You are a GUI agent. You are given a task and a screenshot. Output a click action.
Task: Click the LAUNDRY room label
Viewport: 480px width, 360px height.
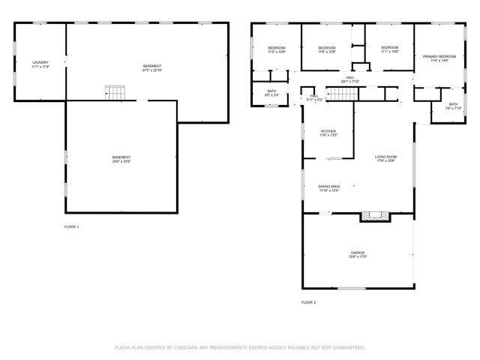click(x=40, y=64)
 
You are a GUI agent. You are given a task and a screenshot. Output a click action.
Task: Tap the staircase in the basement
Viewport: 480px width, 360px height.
click(x=114, y=92)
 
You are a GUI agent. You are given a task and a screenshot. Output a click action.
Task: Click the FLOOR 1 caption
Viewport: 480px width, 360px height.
click(x=71, y=226)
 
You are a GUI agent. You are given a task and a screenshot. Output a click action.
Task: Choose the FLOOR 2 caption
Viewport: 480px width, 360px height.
click(x=309, y=302)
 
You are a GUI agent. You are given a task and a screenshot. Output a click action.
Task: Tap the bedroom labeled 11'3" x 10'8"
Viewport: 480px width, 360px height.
click(x=277, y=50)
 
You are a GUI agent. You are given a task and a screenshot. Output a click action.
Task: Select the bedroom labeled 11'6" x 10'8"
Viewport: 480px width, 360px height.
click(x=326, y=49)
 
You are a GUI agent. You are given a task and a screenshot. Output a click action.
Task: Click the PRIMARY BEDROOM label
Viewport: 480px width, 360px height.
click(x=439, y=58)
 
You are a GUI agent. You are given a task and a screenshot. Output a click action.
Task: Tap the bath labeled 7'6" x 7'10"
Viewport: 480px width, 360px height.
click(x=453, y=106)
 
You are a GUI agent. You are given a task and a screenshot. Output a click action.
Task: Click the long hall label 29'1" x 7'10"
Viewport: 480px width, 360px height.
click(x=349, y=79)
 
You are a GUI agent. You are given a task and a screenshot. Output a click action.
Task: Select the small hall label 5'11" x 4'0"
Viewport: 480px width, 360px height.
click(x=314, y=97)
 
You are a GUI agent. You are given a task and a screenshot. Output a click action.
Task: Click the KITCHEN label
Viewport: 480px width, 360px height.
click(x=319, y=133)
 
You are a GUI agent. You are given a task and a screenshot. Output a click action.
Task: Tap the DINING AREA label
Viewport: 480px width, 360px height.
click(x=329, y=187)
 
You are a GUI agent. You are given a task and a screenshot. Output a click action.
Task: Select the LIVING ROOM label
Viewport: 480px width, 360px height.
click(x=385, y=158)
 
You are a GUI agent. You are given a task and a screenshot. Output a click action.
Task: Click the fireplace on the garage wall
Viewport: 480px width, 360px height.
click(x=375, y=216)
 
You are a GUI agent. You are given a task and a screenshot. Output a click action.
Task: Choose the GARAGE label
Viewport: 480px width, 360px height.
click(x=358, y=254)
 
